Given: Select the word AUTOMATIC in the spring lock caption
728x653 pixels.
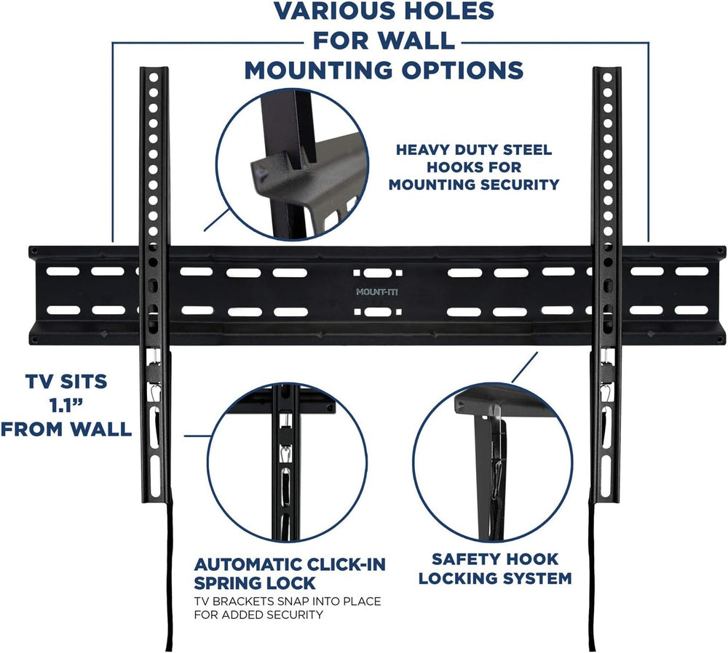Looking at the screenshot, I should pos(250,564).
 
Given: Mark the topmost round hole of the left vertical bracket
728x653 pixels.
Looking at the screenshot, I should pos(154,77).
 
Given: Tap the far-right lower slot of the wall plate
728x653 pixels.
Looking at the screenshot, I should pos(691,311).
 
